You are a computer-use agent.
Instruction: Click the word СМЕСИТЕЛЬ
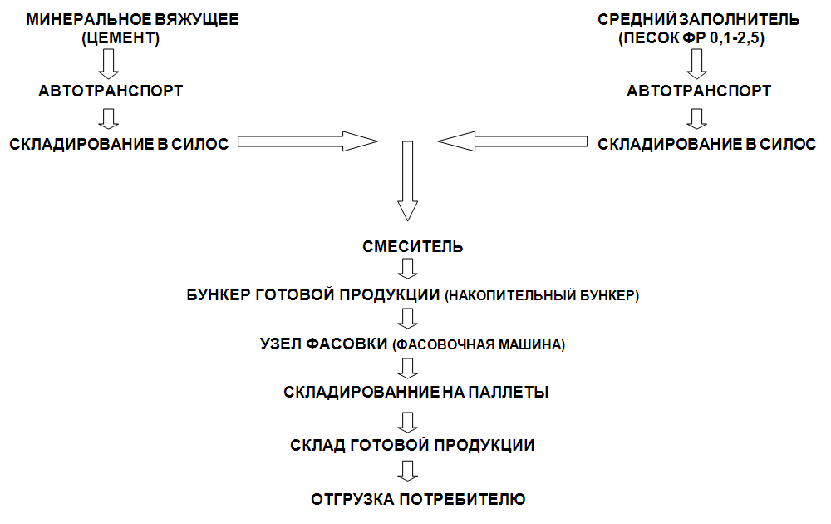(412, 247)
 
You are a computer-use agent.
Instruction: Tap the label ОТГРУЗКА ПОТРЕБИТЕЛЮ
(418, 499)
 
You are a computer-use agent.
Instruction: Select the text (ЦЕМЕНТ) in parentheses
(120, 38)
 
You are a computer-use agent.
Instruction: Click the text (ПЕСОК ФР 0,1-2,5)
(691, 38)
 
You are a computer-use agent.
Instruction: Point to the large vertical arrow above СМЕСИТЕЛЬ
(407, 180)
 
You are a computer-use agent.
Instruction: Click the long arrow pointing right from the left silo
(307, 141)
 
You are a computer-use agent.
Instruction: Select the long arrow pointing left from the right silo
(513, 141)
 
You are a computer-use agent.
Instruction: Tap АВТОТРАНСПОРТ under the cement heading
(111, 91)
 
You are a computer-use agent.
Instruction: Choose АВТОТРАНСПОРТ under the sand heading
(699, 91)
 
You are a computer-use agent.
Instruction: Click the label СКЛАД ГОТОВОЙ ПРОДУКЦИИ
(412, 445)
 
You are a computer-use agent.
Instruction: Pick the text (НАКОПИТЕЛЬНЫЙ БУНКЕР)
(542, 295)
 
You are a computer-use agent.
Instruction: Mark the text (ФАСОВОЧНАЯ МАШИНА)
(479, 344)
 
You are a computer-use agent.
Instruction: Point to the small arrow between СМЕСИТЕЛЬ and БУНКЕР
(407, 269)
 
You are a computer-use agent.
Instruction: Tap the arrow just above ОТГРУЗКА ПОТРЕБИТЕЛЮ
(407, 471)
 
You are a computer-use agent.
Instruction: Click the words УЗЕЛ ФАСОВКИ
(324, 344)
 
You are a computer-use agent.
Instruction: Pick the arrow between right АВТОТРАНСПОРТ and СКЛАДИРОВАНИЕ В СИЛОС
(697, 119)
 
